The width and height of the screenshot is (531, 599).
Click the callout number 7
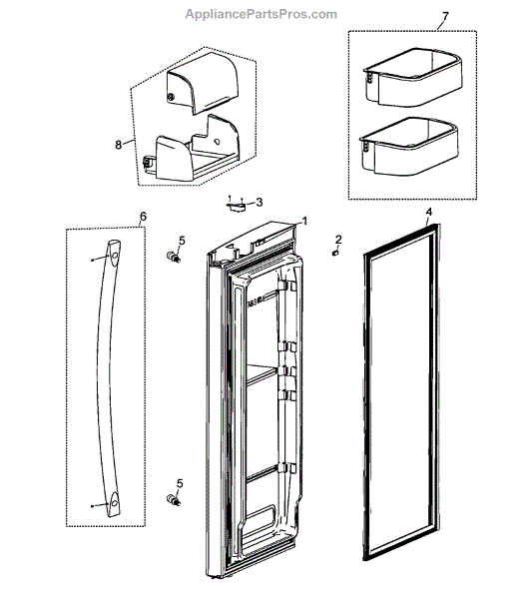click(x=417, y=18)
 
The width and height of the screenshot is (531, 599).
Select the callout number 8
click(x=118, y=144)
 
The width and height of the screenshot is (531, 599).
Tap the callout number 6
click(x=142, y=217)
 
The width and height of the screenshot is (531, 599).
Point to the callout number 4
click(x=428, y=212)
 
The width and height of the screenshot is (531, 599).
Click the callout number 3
click(x=260, y=202)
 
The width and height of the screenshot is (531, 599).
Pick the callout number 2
click(x=338, y=239)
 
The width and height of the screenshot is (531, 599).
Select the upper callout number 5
click(x=182, y=241)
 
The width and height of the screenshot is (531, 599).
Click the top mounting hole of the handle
click(x=116, y=258)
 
